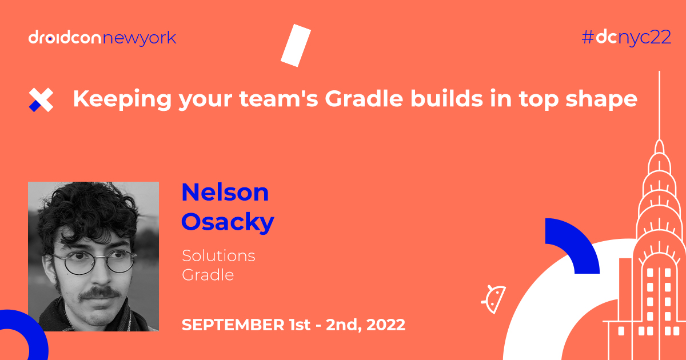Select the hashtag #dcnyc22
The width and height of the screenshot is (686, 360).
(625, 38)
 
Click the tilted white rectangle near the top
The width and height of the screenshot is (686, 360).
(296, 45)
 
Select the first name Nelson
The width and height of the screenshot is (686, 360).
(225, 193)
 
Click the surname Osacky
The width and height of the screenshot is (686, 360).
(228, 222)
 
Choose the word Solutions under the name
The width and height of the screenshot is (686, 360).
(218, 255)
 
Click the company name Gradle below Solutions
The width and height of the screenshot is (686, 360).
(208, 274)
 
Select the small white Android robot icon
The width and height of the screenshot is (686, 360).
(493, 297)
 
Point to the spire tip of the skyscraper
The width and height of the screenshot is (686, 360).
(660, 77)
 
